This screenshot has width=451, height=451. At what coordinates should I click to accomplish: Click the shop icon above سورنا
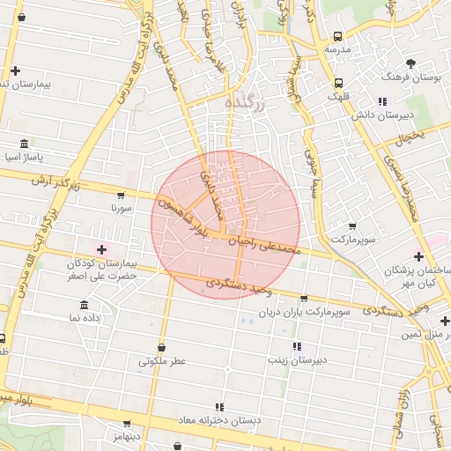click(121, 196)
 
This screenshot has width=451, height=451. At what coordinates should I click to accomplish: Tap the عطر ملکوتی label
click(163, 361)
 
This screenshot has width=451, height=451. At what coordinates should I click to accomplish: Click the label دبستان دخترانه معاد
click(219, 420)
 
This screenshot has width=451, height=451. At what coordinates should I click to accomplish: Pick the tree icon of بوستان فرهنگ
click(410, 63)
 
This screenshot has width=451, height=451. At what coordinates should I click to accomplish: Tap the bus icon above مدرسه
click(339, 37)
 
